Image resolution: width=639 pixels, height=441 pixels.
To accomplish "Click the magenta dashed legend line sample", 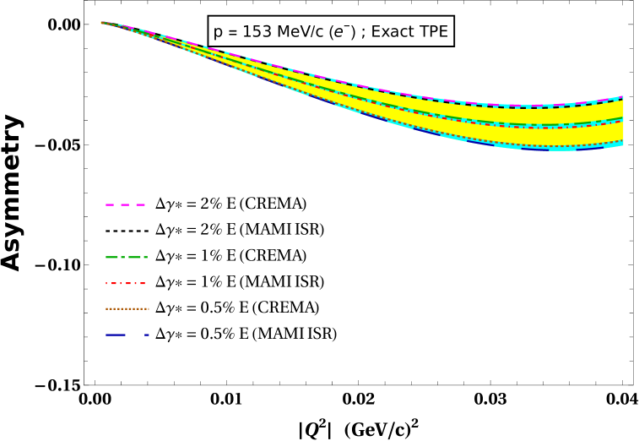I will click(125, 204).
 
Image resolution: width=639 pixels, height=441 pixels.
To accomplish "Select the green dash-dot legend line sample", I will click(127, 257).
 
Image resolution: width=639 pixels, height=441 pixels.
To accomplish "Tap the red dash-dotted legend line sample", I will click(125, 283).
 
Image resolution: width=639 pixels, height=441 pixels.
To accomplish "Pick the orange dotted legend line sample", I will click(127, 308).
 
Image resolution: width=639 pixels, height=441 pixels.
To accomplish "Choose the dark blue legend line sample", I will click(127, 335).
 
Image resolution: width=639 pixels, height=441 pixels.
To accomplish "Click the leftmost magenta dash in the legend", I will click(110, 204).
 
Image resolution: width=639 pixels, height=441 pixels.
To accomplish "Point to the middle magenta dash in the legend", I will click(125, 204).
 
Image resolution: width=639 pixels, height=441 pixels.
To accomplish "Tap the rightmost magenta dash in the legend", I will click(140, 204).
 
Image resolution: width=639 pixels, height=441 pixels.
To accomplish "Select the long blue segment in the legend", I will click(116, 335).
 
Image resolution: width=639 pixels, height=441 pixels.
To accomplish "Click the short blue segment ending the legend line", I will click(146, 335).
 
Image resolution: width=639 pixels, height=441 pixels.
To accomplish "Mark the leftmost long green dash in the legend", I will click(111, 257).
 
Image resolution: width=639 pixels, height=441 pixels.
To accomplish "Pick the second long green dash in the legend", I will click(134, 257).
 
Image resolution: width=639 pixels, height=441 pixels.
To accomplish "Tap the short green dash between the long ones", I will click(122, 257).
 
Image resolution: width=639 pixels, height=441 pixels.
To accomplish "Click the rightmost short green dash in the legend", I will click(145, 257).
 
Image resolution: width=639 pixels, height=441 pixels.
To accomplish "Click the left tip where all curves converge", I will click(101, 22).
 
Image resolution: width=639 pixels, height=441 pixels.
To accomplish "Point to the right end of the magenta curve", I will click(622, 97).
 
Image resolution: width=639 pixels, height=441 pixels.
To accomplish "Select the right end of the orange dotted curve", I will click(622, 140).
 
